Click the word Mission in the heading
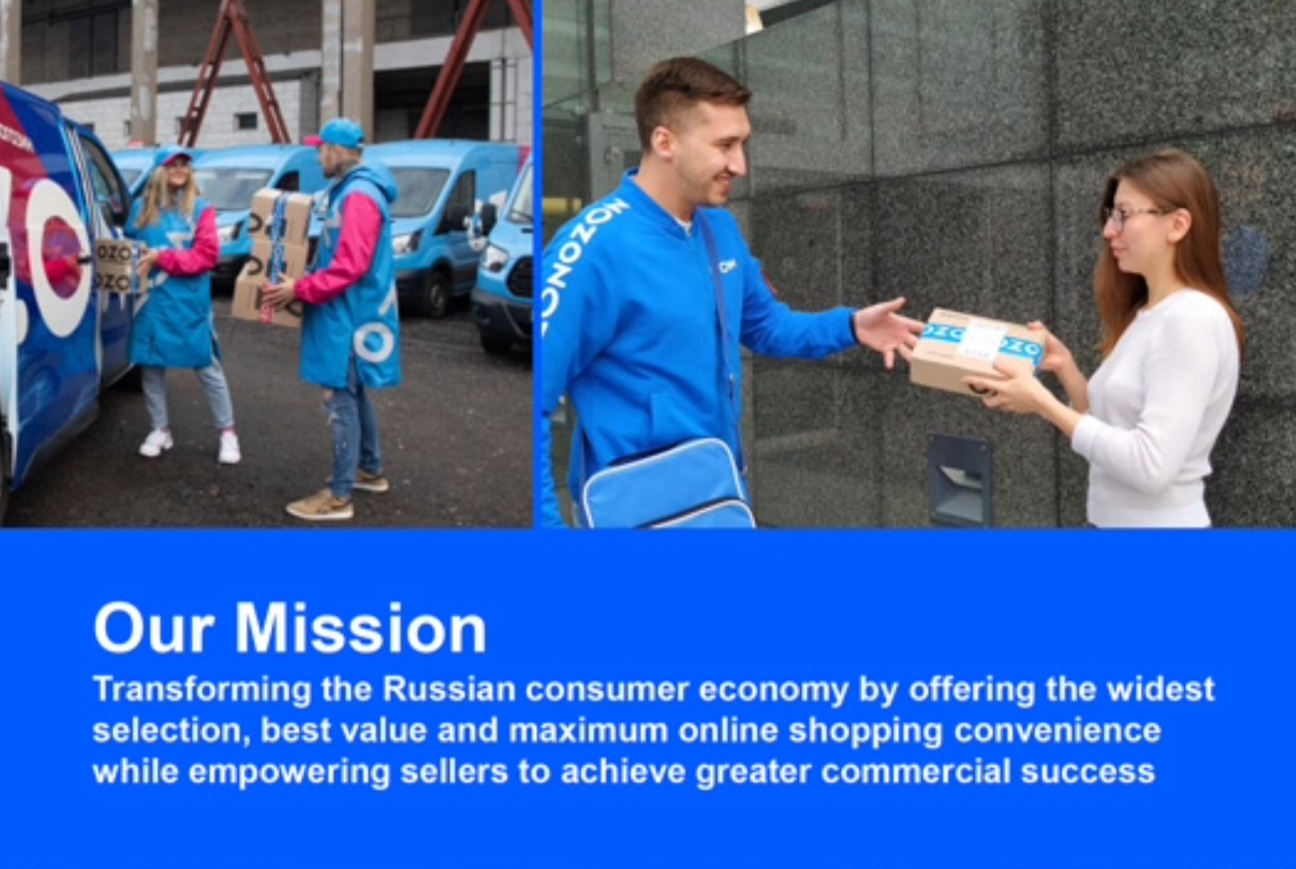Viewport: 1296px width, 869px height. coord(360,628)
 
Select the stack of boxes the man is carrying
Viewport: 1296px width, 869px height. coord(271,257)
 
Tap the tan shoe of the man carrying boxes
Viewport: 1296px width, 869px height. coord(321,505)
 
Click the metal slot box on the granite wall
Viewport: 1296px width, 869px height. coord(959,479)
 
